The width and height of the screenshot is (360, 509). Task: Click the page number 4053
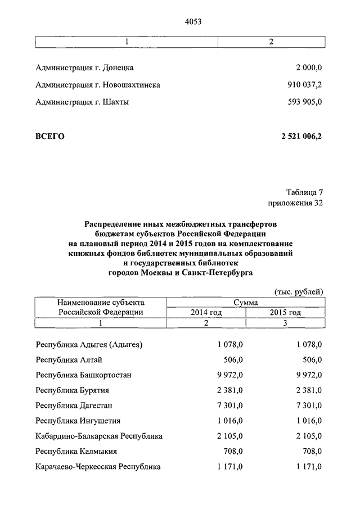(x=193, y=22)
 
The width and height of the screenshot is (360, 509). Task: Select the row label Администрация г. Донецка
(x=84, y=67)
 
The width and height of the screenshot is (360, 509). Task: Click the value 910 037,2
(x=304, y=85)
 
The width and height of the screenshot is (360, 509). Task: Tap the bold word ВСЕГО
(x=50, y=136)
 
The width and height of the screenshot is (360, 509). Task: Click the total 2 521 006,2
(x=301, y=136)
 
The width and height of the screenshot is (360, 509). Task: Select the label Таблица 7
(x=304, y=192)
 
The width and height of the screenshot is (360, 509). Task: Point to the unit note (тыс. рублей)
(x=299, y=291)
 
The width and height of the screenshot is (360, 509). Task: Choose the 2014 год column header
(x=206, y=312)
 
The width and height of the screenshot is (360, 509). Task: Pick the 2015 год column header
(x=285, y=312)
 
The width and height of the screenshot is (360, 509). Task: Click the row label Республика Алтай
(x=69, y=359)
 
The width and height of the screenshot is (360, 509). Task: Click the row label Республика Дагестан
(x=74, y=406)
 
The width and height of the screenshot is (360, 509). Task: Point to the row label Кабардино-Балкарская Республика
(x=99, y=436)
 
